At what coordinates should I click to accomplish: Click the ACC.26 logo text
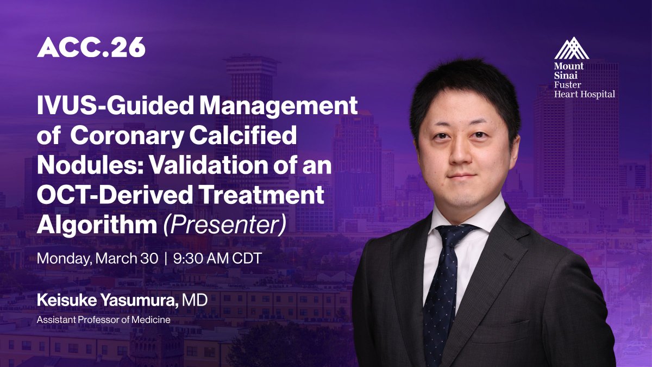pos(91,48)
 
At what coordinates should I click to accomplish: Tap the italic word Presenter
pos(224,225)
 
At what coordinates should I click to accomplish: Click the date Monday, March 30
pos(97,258)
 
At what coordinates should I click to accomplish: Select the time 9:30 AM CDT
pos(217,258)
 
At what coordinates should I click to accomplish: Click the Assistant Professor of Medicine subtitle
pos(103,320)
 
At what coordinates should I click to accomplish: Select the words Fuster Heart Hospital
pos(584,90)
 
